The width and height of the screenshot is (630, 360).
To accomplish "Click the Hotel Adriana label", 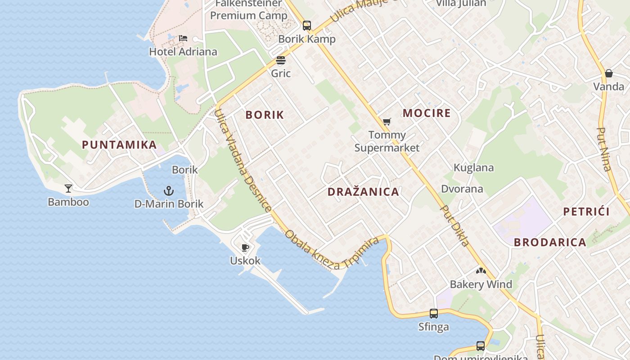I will tap(183, 52).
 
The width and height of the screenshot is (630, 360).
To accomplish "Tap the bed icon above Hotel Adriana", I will tap(183, 38).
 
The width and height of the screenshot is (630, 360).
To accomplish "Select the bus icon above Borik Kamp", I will tap(307, 25).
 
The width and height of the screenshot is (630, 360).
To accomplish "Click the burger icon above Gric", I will tap(281, 60).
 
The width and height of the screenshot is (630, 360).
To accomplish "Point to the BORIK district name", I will tap(265, 115).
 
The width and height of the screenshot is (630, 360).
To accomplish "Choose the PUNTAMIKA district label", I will tap(119, 145).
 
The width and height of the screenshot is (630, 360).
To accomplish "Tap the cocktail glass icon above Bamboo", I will tap(68, 188).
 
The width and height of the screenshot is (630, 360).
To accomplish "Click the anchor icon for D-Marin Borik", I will tap(169, 190).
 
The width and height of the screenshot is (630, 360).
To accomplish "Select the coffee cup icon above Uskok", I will tap(245, 247).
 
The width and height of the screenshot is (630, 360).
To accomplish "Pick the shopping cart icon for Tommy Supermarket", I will tap(387, 121).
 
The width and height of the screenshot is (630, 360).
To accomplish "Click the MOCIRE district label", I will tap(427, 113).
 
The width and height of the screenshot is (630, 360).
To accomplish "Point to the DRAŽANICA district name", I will tap(363, 192).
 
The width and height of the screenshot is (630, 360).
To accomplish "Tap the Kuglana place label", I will tap(473, 168).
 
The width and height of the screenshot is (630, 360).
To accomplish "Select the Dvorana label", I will tap(462, 189).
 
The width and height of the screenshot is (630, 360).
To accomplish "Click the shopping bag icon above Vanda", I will tap(608, 73).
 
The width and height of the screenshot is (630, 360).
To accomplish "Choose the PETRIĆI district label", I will tap(586, 212).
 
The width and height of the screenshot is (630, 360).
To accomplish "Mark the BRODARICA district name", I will tap(550, 243).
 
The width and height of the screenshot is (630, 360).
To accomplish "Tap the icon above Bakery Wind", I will tap(481, 271).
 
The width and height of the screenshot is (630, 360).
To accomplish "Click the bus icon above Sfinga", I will tap(433, 313).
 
